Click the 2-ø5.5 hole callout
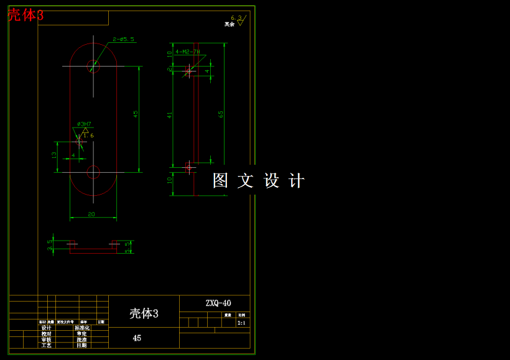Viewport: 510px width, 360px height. [x=124, y=39]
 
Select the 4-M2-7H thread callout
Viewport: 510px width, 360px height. [x=188, y=52]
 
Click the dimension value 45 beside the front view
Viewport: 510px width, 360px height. [x=136, y=114]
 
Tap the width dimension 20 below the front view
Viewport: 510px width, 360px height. [x=91, y=215]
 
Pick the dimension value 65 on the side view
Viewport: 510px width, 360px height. [x=221, y=114]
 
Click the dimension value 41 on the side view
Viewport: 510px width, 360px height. [x=169, y=115]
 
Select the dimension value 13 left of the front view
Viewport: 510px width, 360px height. [x=54, y=155]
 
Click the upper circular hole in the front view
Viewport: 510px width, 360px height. [x=93, y=65]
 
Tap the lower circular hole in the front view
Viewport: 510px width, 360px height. [x=93, y=172]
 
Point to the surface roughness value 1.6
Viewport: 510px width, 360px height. [x=88, y=135]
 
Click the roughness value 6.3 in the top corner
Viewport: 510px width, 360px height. [x=236, y=18]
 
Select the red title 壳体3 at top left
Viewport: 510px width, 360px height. [x=25, y=16]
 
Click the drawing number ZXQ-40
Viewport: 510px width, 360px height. [x=218, y=303]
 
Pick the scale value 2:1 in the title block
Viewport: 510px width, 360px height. [x=241, y=323]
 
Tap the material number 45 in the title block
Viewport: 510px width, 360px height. [x=137, y=338]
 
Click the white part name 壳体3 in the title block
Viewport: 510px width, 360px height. [x=144, y=313]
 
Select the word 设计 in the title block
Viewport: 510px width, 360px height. [x=47, y=328]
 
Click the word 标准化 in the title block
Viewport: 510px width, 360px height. [x=82, y=328]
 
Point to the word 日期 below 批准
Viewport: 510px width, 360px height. [x=82, y=345]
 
